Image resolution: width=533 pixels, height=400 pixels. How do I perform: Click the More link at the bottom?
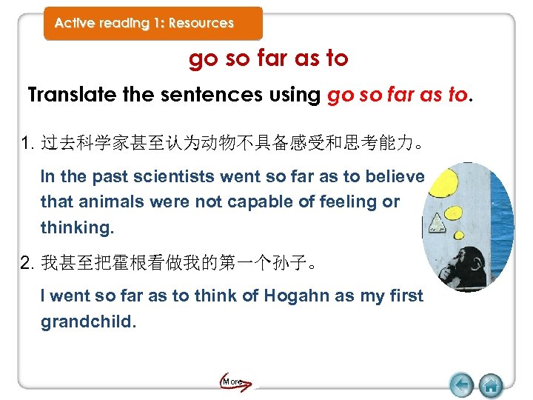[233, 381]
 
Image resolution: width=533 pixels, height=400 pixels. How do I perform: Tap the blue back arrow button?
[462, 384]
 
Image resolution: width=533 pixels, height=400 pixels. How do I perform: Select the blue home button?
[490, 384]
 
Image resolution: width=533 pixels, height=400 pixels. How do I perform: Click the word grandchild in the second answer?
[87, 322]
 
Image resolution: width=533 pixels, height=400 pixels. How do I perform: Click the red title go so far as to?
[268, 59]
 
